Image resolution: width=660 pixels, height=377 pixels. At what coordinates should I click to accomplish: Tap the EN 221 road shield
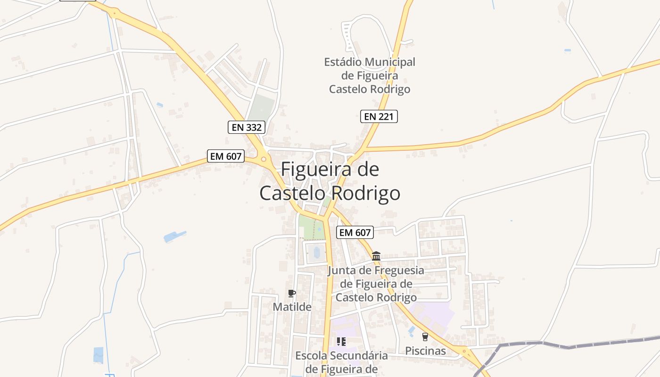[379, 116]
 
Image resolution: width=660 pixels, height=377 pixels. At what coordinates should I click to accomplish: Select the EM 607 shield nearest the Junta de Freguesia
[355, 232]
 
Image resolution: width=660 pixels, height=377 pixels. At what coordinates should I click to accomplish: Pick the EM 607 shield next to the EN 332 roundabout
[226, 156]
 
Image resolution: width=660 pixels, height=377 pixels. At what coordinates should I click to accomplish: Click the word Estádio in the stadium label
[343, 62]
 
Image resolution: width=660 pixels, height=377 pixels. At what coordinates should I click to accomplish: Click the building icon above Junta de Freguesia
[376, 256]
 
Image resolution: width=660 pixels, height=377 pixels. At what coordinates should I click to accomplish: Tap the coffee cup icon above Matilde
[292, 293]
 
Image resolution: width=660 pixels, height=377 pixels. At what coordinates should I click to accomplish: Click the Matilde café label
[292, 307]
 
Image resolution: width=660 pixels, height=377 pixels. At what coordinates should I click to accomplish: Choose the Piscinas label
[426, 351]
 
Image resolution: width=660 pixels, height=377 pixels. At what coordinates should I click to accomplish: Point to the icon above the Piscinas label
[425, 336]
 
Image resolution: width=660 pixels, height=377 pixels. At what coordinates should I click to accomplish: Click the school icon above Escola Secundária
[341, 341]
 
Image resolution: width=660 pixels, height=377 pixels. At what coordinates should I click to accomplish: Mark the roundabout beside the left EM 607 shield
[264, 159]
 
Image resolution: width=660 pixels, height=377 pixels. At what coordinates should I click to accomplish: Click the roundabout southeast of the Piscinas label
[464, 351]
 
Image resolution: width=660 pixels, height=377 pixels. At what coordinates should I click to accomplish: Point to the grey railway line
[566, 345]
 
